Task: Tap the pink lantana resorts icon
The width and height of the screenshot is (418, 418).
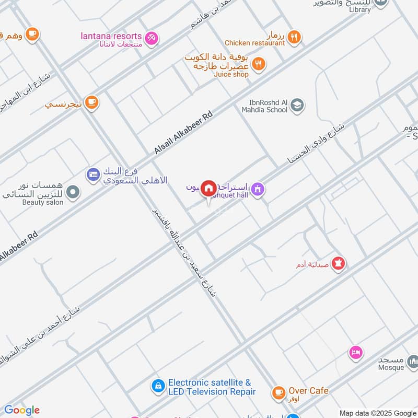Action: [x=152, y=37]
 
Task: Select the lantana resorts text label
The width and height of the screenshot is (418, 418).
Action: [x=111, y=36]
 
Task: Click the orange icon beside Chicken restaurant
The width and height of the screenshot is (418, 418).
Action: [x=294, y=37]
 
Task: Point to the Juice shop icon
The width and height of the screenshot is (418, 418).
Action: [x=258, y=65]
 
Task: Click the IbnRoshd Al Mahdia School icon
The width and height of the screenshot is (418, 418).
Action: [x=297, y=106]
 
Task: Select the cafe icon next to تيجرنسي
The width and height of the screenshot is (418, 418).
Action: [x=92, y=102]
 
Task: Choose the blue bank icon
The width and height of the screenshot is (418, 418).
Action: [x=94, y=174]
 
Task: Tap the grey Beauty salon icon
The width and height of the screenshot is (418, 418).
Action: [x=73, y=192]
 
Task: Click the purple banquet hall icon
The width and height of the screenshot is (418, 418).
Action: [x=257, y=189]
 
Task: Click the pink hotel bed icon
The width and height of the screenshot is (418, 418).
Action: [x=356, y=352]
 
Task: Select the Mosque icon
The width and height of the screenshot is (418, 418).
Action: [x=413, y=361]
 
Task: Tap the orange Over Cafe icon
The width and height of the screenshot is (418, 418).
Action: [x=279, y=391]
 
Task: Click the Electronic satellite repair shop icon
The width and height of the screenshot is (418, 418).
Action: [x=157, y=387]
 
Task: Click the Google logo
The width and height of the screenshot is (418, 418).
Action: [x=21, y=410]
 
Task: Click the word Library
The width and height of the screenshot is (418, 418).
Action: [x=359, y=9]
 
